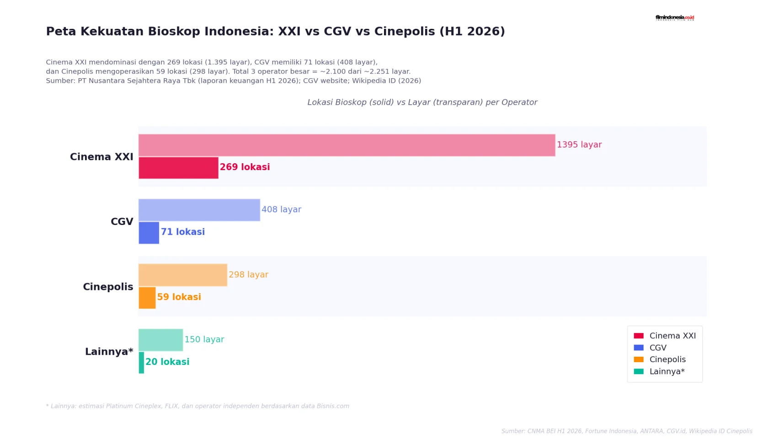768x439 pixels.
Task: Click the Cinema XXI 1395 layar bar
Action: [347, 145]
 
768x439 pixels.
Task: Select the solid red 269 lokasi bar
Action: [178, 168]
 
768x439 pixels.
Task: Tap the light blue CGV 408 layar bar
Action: [199, 210]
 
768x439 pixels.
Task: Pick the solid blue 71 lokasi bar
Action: [149, 233]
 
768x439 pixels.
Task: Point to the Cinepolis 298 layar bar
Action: [183, 275]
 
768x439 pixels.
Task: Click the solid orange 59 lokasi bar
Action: [147, 298]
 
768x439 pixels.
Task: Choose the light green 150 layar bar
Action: [161, 340]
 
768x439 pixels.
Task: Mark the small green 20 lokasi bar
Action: [141, 363]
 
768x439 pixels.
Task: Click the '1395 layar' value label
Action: [579, 145]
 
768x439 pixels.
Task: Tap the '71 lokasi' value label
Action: [183, 232]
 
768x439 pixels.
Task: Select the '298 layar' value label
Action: [249, 275]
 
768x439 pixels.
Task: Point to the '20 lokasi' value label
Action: [167, 362]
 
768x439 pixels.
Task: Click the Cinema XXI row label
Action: [101, 157]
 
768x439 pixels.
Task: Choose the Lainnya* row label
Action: [109, 352]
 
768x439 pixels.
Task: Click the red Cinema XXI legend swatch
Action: [639, 336]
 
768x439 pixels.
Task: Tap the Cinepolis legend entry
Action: [660, 359]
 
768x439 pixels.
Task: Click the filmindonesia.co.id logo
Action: [675, 18]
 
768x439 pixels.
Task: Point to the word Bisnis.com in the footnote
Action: [333, 406]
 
